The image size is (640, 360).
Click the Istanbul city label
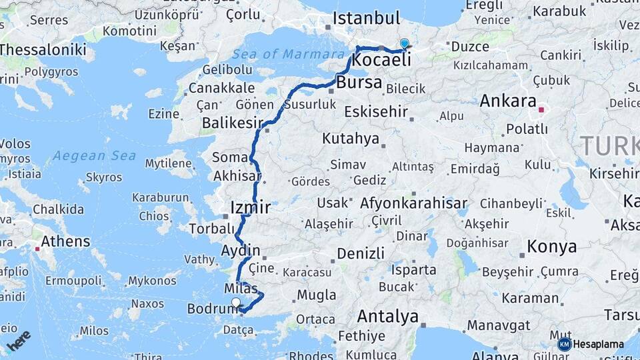point(366,18)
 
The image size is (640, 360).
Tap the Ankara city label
point(508,101)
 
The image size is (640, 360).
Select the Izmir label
point(250,207)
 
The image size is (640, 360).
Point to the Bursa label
point(359,83)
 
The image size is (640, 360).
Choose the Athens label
point(65,241)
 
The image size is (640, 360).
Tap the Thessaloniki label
point(43,49)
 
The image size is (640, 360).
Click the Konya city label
point(551,247)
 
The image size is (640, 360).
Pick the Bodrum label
point(209,309)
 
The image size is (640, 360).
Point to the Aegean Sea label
point(94,156)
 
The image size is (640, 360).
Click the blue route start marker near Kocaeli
point(404,44)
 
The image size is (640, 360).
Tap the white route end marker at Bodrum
point(235,303)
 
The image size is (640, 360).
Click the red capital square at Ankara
point(542,109)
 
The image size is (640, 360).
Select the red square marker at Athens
point(36,249)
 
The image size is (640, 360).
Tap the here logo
point(19,341)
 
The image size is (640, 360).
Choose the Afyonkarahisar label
point(413,203)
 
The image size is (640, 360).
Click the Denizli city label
point(361,253)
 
